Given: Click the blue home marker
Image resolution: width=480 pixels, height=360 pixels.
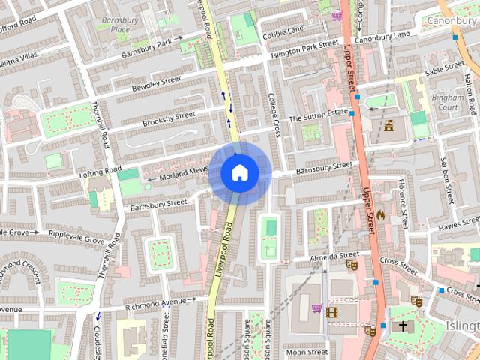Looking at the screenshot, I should pyautogui.click(x=239, y=172).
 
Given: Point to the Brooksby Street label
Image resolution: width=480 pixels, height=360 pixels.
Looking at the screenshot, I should pyautogui.click(x=169, y=118).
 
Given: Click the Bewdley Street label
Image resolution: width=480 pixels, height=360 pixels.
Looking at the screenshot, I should pyautogui.click(x=156, y=83).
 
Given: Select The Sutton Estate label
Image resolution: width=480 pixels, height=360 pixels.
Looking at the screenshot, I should pyautogui.click(x=320, y=115).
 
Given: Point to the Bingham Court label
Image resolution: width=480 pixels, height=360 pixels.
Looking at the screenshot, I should pyautogui.click(x=445, y=102).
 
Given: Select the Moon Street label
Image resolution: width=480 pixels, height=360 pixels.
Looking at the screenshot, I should pyautogui.click(x=306, y=351).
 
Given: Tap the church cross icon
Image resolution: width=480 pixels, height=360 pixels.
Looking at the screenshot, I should pyautogui.click(x=403, y=327).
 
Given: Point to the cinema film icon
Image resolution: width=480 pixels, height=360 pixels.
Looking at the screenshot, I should pyautogui.click(x=332, y=311).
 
